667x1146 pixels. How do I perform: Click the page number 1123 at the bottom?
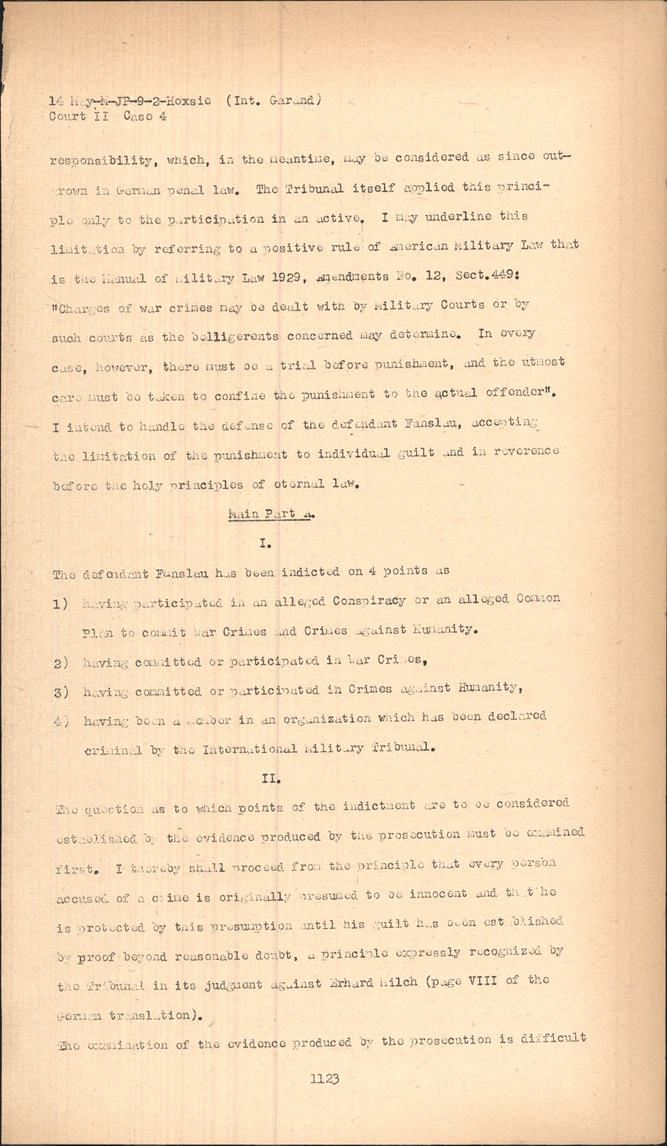(324, 1079)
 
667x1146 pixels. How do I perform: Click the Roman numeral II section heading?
(272, 776)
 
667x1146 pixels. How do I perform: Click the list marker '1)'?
(61, 604)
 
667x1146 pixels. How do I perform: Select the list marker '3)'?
(61, 691)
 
